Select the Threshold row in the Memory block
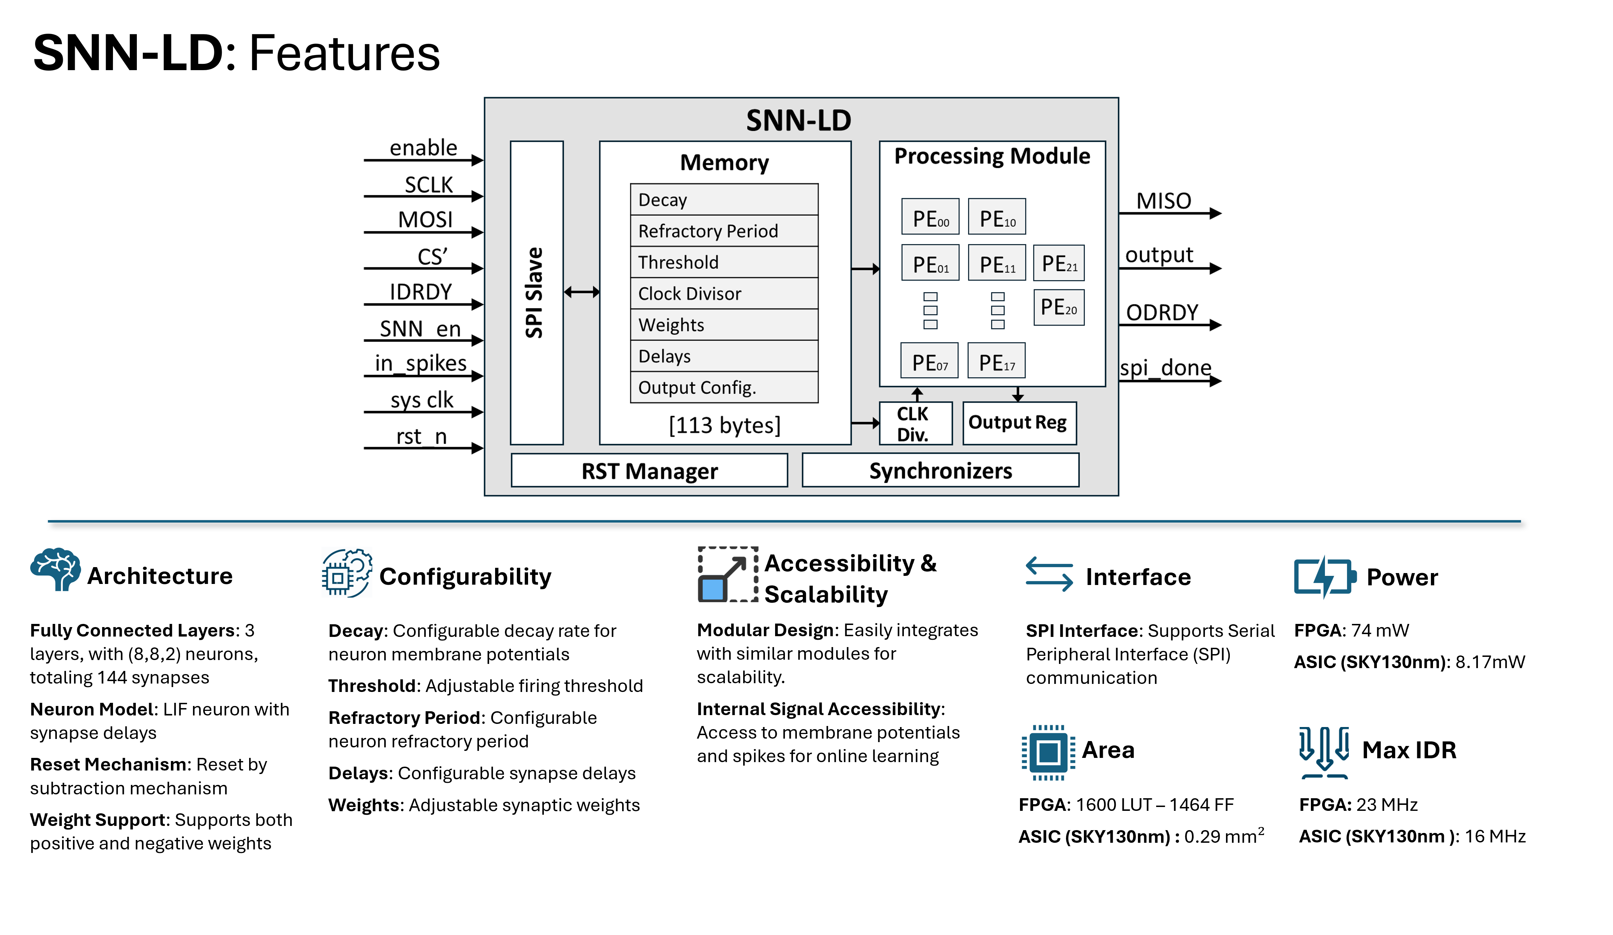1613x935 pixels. pyautogui.click(x=724, y=262)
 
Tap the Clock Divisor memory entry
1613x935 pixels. pyautogui.click(x=724, y=294)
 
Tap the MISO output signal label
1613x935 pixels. pyautogui.click(x=1163, y=201)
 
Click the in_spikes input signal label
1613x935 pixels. pyautogui.click(x=421, y=363)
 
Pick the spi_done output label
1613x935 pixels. pyautogui.click(x=1165, y=368)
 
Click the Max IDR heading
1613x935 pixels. pyautogui.click(x=1409, y=749)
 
